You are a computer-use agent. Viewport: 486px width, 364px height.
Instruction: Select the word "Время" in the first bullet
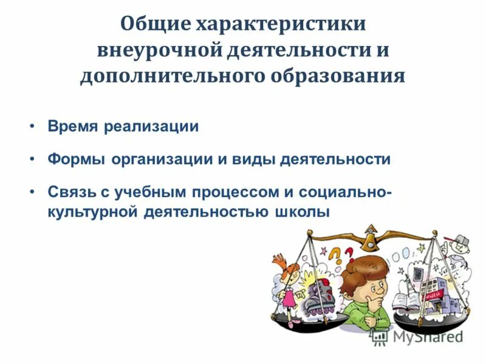[x=73, y=127]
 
